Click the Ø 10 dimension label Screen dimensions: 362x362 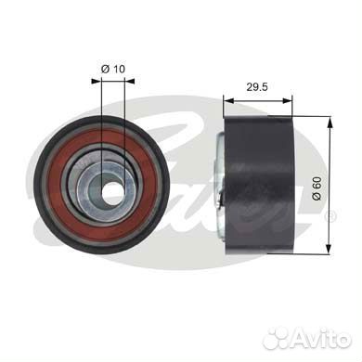113,69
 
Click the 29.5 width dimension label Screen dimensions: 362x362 257,87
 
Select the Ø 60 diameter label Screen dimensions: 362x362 317,188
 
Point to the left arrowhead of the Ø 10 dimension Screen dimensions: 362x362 97,81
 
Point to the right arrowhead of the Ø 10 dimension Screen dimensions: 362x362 129,81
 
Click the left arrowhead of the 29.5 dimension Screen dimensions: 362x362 228,100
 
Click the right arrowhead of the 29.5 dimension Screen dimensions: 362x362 287,100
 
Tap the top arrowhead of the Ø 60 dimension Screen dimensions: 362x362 330,122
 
